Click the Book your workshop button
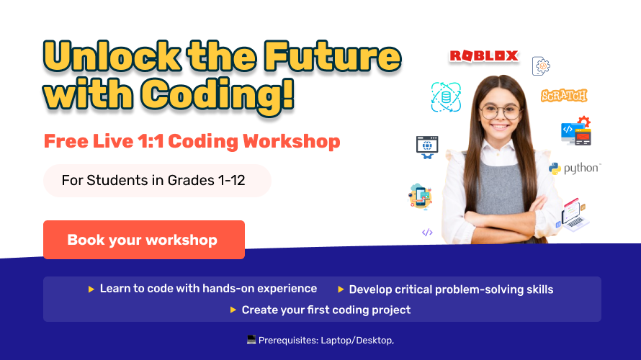pos(143,240)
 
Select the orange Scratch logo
pos(564,95)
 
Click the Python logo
pos(574,168)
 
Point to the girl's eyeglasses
pos(500,112)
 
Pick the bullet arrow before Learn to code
pos(91,289)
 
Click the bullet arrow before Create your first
pos(233,310)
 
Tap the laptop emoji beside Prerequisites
pos(251,339)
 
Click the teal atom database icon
pos(445,96)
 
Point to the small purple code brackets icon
pos(427,232)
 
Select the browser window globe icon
pos(428,146)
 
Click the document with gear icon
pos(541,66)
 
